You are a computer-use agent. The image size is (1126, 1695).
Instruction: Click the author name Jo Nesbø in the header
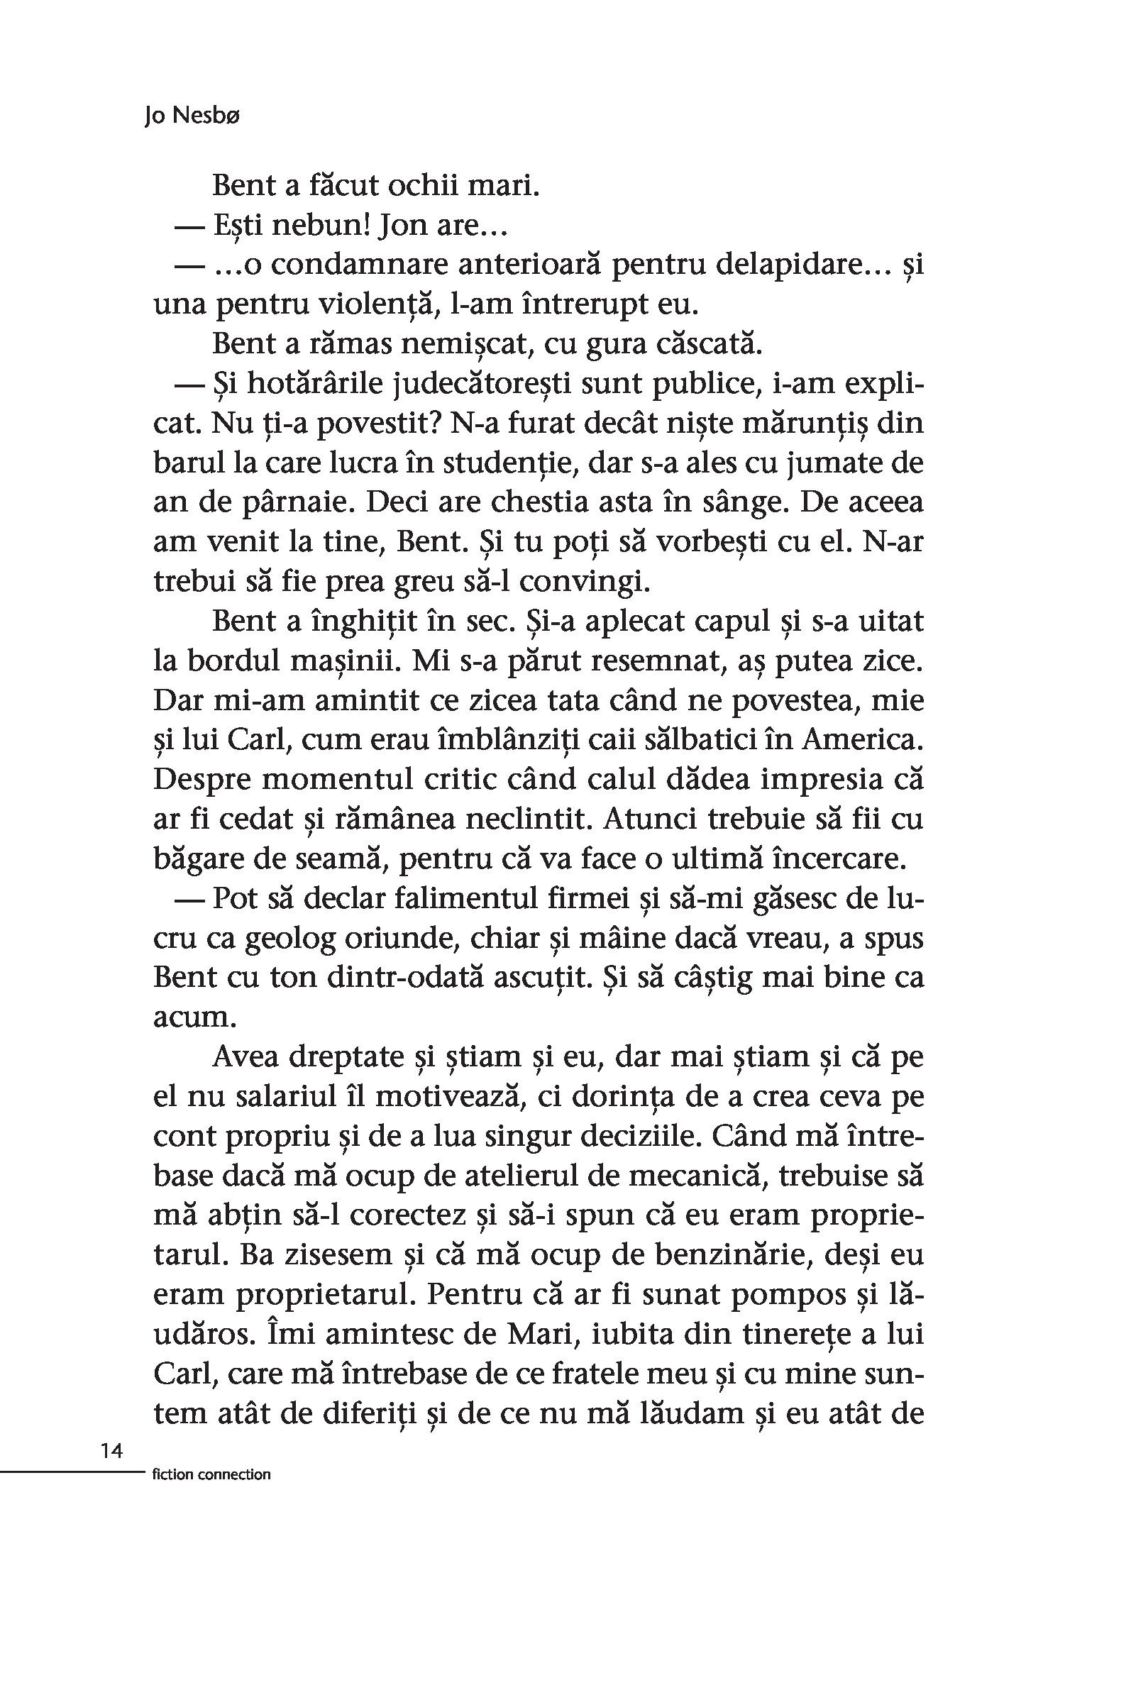(191, 116)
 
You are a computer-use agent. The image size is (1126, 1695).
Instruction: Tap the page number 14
(111, 1451)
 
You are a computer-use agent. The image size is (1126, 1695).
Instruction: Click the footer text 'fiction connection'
(212, 1475)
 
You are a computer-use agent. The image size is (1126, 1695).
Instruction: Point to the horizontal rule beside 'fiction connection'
(72, 1472)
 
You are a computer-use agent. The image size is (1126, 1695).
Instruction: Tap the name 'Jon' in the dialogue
(402, 226)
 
